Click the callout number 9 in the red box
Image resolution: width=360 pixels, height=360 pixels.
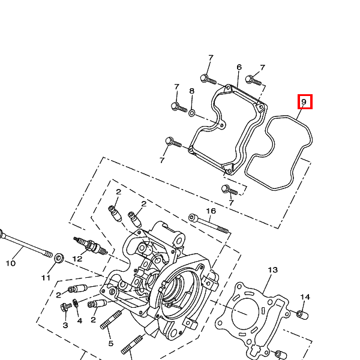304,101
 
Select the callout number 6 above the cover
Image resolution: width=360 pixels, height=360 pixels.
239,67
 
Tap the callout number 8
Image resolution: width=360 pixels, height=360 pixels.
192,91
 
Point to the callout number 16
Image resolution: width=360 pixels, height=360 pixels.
211,211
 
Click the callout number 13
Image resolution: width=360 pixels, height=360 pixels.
273,270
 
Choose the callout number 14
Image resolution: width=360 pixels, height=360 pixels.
305,297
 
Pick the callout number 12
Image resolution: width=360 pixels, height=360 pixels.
77,259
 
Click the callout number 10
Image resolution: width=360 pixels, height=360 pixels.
11,263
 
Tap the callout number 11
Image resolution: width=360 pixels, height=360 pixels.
46,278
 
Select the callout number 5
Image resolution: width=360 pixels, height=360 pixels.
111,343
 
